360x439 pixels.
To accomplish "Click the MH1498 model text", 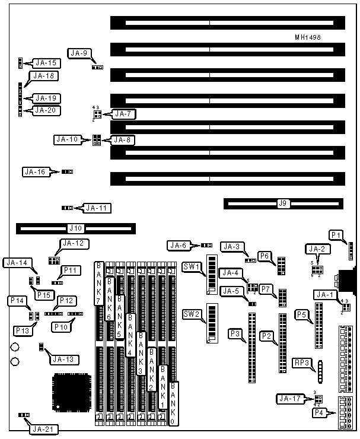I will (308, 37).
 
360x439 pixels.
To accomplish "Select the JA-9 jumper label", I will (78, 53).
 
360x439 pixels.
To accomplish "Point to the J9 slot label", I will (283, 203).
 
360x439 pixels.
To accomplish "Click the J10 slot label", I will (75, 227).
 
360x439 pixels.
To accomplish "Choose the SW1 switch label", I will (191, 265).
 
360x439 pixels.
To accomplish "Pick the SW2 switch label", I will (191, 314).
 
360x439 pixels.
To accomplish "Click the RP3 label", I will (302, 363).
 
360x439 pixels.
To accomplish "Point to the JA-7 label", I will (122, 113).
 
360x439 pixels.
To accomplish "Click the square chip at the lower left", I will (71, 392).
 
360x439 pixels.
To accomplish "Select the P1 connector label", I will (336, 235).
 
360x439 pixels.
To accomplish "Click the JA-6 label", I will (179, 245).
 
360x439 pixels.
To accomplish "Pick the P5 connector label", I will (302, 314).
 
